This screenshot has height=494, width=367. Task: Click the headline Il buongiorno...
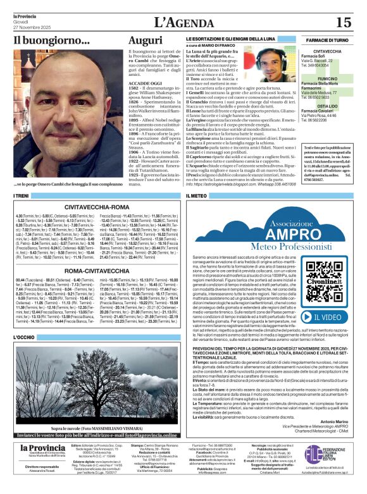(x=52, y=40)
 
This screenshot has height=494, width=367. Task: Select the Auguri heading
(x=145, y=40)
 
